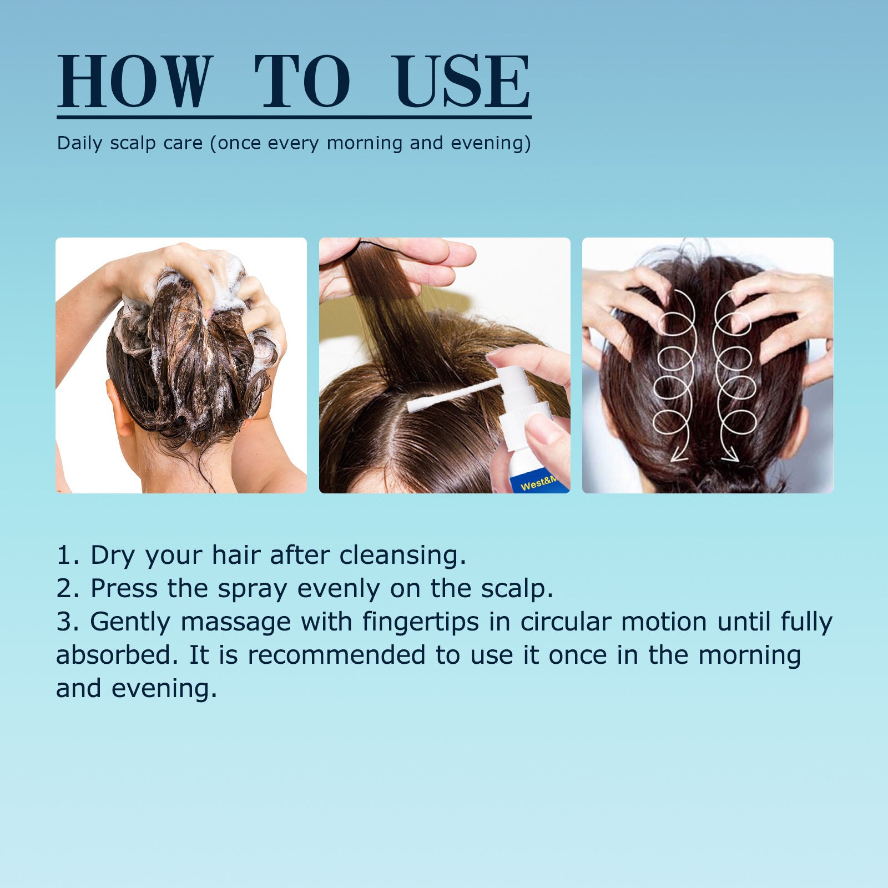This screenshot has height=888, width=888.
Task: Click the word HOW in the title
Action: tap(135, 82)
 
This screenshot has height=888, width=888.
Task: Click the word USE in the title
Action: tap(461, 82)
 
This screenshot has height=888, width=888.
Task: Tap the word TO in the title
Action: tap(302, 82)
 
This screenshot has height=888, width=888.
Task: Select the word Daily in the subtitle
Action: tap(79, 143)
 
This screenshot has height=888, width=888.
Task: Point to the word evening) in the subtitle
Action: tap(491, 143)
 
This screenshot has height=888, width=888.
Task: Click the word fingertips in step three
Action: tap(420, 622)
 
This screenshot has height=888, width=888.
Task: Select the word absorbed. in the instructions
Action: tap(117, 655)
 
